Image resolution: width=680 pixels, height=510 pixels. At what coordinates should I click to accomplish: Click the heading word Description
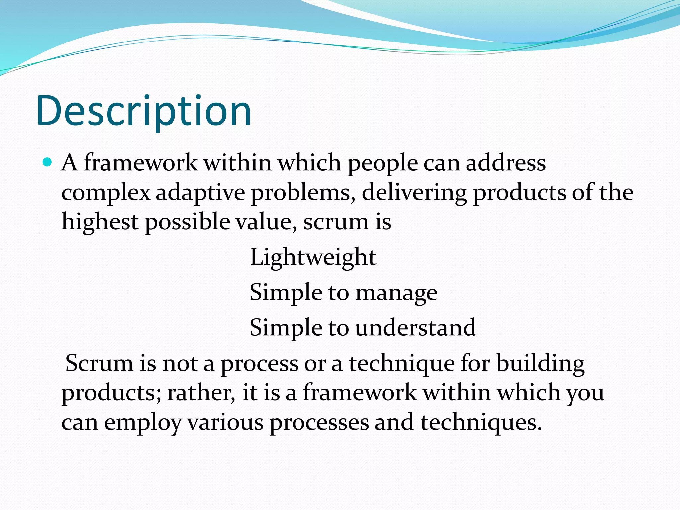(144, 111)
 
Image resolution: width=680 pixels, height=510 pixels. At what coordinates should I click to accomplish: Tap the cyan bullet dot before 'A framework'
(48, 162)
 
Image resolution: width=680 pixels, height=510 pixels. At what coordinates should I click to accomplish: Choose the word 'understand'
(415, 328)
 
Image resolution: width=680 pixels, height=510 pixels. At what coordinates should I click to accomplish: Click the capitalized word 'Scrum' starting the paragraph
(99, 363)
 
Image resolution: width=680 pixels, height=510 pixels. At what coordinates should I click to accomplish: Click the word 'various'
(225, 422)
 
